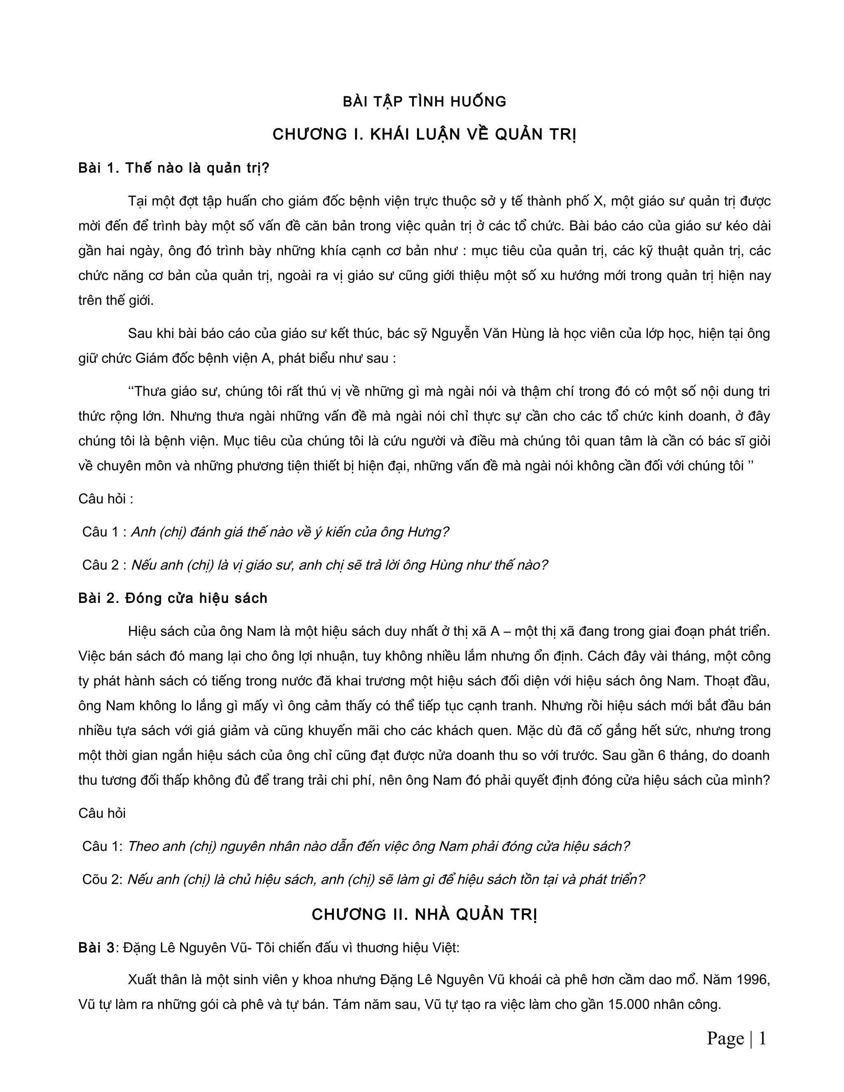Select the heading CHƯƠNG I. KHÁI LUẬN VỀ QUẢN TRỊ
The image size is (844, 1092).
(x=424, y=134)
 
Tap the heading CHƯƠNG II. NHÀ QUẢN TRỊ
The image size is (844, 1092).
(x=424, y=914)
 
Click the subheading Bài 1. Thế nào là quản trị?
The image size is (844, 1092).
(x=173, y=168)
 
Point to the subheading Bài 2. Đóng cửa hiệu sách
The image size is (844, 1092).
(x=173, y=598)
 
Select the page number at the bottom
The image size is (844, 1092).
(x=736, y=1038)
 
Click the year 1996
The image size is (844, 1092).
(x=753, y=979)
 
